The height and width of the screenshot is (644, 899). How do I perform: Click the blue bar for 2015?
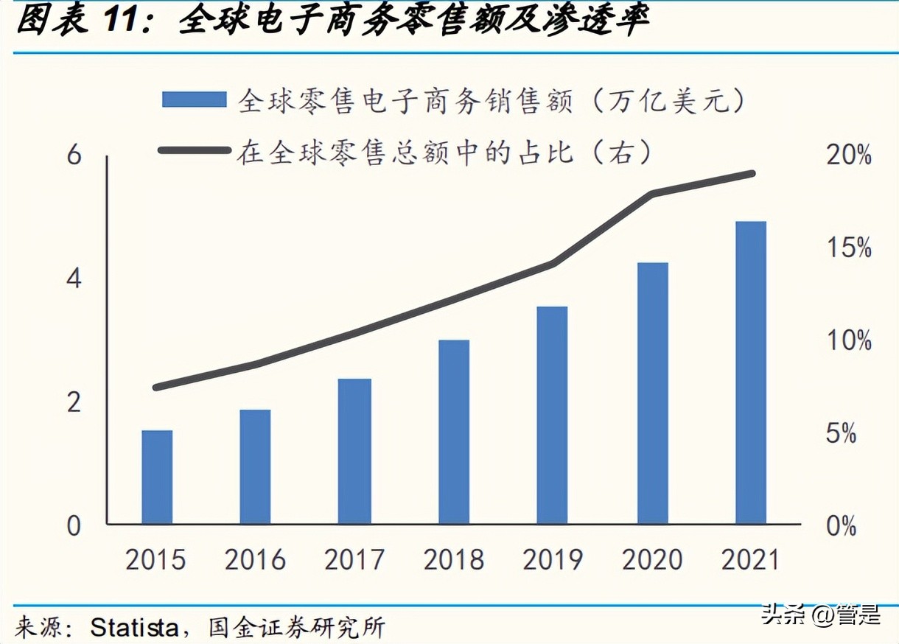tap(157, 477)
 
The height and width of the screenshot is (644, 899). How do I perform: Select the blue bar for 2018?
tap(454, 432)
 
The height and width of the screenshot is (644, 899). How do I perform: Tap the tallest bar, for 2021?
tap(751, 373)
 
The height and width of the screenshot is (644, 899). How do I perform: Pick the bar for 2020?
tap(652, 393)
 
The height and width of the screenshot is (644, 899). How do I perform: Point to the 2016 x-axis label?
tap(255, 561)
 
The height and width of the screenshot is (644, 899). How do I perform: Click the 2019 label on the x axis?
tap(553, 561)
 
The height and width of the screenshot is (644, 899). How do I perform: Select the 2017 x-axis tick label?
tap(354, 561)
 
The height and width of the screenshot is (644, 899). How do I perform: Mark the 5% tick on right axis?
tap(840, 434)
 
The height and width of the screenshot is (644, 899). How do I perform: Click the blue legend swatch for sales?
tap(194, 99)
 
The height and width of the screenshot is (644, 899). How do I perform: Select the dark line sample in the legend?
tap(194, 150)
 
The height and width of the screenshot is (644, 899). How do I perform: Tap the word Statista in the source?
tap(134, 629)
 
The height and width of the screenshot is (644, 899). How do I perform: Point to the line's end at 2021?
tap(752, 174)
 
